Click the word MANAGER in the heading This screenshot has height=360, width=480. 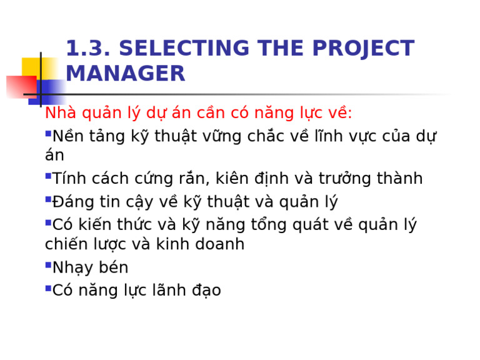point(125,74)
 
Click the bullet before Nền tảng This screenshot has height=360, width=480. point(48,133)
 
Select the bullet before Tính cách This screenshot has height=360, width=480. point(48,176)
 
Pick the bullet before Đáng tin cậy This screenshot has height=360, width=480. point(48,199)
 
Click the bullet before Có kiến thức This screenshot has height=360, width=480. point(48,221)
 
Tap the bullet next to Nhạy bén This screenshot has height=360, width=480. point(48,265)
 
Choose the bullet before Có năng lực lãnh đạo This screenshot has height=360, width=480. point(48,287)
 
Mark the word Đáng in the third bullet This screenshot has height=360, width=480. point(72,202)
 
